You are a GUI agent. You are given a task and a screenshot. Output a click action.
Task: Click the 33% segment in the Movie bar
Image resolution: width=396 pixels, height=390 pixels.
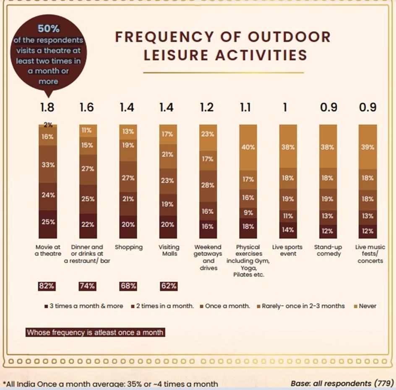tap(48, 164)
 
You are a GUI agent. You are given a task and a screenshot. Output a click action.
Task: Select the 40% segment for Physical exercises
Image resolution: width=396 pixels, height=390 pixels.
tap(248, 147)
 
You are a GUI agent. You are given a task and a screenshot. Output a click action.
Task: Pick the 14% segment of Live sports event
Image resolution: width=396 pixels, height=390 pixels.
tap(288, 230)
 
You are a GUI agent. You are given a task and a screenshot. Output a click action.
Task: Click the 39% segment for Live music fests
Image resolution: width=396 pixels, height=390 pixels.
tap(367, 147)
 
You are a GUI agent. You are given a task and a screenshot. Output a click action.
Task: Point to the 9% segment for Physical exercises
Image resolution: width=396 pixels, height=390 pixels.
tap(248, 213)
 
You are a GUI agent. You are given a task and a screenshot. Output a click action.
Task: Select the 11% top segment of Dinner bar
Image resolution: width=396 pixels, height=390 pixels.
tap(88, 130)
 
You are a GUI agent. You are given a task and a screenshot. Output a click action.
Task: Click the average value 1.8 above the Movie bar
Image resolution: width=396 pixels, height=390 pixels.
tap(47, 107)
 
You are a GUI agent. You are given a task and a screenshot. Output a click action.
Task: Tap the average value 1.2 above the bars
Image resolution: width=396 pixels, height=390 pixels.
tap(206, 107)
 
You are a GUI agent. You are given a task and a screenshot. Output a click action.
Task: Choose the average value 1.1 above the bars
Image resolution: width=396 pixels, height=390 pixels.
tap(246, 107)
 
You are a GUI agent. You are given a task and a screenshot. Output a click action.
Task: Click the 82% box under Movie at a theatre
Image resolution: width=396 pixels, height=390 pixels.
tap(47, 286)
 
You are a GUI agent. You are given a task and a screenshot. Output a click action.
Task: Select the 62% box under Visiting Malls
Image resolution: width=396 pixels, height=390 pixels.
tap(168, 286)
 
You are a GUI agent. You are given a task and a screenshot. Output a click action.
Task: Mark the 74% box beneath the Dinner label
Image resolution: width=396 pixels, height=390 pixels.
tap(87, 286)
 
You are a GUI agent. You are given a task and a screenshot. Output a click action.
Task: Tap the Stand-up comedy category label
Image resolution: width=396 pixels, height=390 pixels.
tap(328, 250)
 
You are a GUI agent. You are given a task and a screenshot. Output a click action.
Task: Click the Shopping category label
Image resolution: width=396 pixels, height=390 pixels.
tap(128, 247)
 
